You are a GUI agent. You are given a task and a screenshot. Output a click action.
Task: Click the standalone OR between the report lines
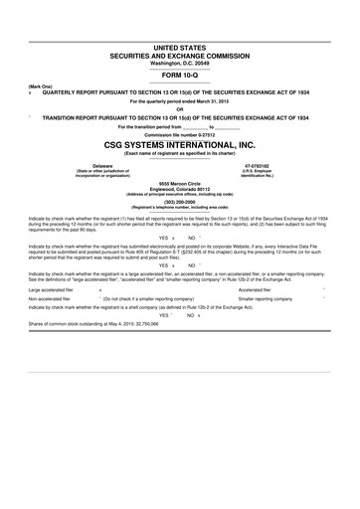tap(179, 109)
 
